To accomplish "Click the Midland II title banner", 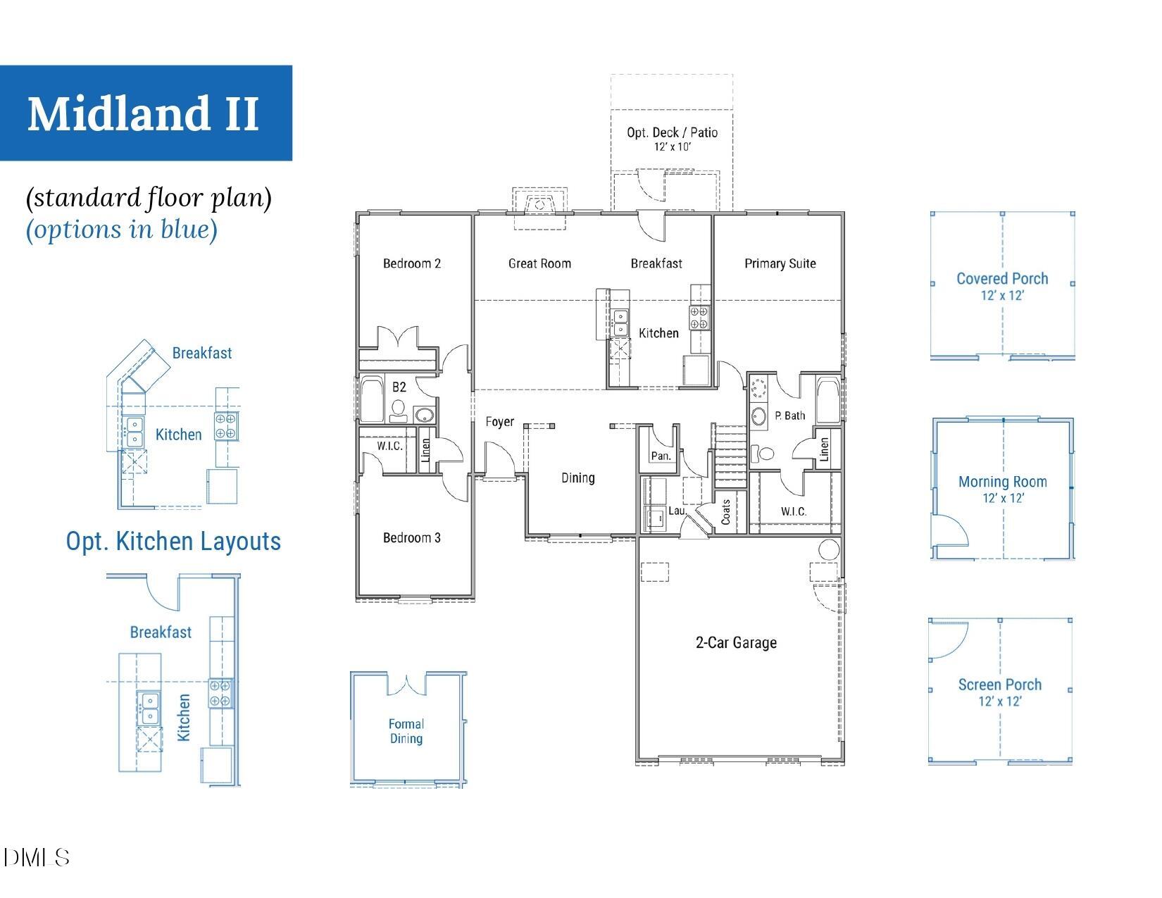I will pos(145,113).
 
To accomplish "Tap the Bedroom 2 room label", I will pos(412,263).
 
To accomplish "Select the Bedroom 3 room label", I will pos(412,538).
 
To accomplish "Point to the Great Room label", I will pos(539,263).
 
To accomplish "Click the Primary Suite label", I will pos(780,263).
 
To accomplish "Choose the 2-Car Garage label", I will pos(736,642).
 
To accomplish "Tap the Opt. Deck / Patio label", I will pos(672,132).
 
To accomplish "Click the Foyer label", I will pos(499,422).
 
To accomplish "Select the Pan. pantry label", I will pos(660,456).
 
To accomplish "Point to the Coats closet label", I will pos(726,512).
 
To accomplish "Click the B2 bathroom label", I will pos(399,387).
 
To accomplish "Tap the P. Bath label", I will pos(789,416).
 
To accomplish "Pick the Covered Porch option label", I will pos(1001,279).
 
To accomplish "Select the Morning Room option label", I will pos(1002,482).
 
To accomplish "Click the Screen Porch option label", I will pos(999,685).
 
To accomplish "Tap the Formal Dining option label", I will pos(406,731).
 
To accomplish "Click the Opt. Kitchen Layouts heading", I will pos(173,542).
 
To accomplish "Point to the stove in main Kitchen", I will pos(699,317).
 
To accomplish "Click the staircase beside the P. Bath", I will pos(730,455).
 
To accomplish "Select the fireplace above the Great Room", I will pos(539,205).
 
